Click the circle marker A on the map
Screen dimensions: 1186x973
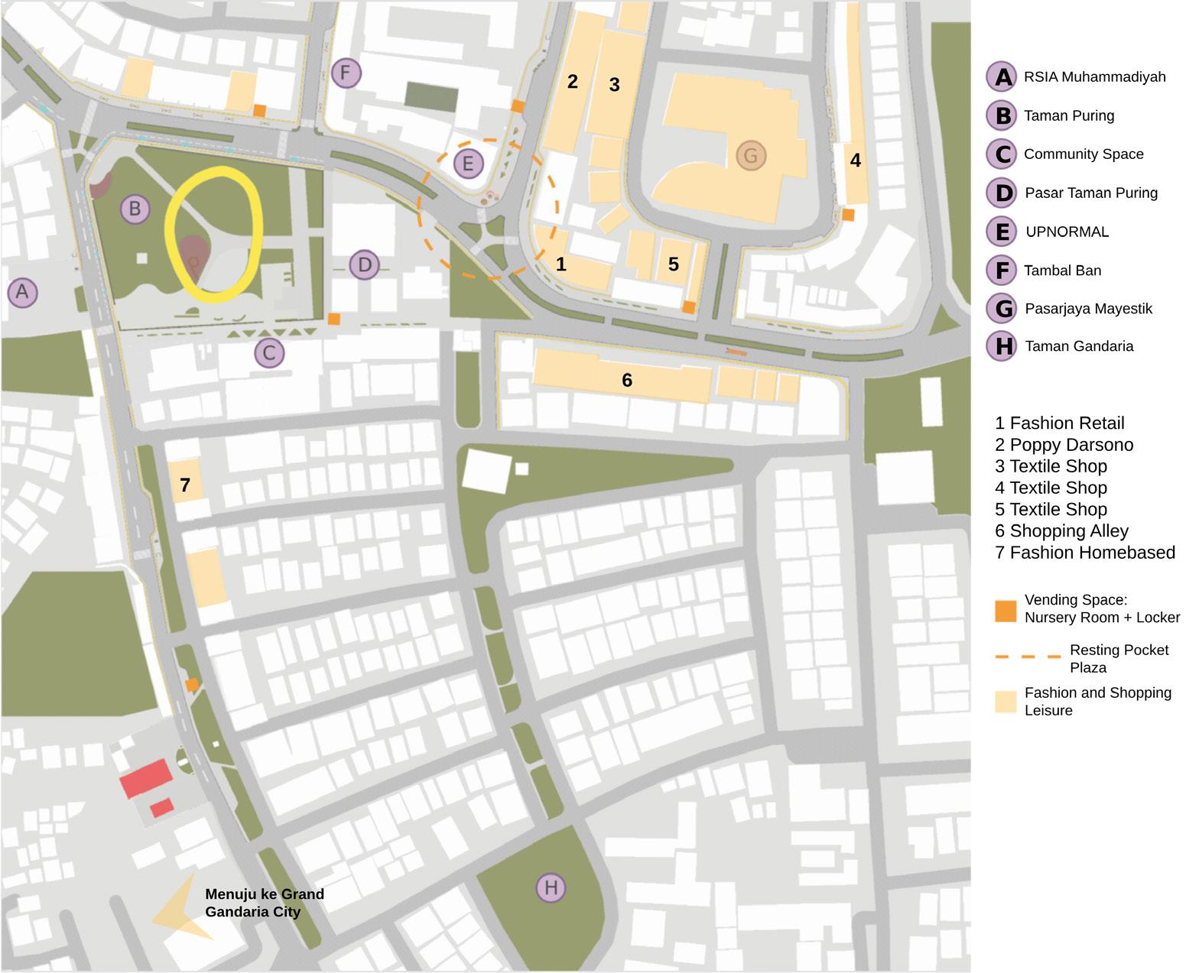pos(22,291)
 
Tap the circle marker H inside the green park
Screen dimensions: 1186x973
pos(551,887)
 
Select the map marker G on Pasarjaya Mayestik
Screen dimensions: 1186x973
pos(750,156)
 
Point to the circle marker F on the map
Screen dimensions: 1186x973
pos(346,73)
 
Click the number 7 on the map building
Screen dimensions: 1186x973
pos(185,485)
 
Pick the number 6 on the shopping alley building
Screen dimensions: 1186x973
pos(627,380)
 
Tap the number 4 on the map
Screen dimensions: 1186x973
pos(856,161)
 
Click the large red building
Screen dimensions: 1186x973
pos(145,778)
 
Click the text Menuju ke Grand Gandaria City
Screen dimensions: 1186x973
pos(265,903)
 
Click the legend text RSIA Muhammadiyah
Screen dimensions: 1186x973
pos(1094,76)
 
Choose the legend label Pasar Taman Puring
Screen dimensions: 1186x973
pos(1090,193)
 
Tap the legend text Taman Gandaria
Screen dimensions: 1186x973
pos(1078,346)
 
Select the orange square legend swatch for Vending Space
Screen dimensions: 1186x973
pos(1006,611)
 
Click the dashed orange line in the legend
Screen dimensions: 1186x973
pos(1028,657)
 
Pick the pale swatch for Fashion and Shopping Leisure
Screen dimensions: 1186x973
pos(1006,702)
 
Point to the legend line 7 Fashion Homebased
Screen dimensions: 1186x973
pos(1084,553)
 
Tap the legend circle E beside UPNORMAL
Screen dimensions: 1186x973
pos(1001,232)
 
